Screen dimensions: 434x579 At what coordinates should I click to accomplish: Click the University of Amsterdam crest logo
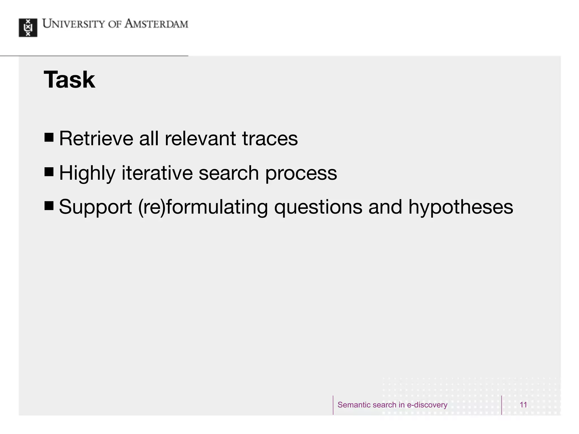28,28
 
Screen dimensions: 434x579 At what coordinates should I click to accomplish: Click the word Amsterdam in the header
156,24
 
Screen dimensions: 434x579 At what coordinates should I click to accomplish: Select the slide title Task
69,80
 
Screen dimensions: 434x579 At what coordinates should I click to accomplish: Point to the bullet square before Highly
49,172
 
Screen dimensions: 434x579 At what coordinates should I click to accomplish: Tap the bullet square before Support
49,206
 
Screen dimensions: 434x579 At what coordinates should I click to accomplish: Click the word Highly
87,173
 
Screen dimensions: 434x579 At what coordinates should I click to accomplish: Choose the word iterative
157,173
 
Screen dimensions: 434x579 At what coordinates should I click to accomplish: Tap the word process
301,173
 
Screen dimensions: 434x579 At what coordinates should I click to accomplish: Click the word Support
95,207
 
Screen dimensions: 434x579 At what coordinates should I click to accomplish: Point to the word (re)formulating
203,207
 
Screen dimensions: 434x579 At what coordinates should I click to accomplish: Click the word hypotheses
461,207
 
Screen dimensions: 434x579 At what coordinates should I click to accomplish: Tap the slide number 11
523,405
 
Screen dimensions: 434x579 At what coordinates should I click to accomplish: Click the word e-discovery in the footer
427,405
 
